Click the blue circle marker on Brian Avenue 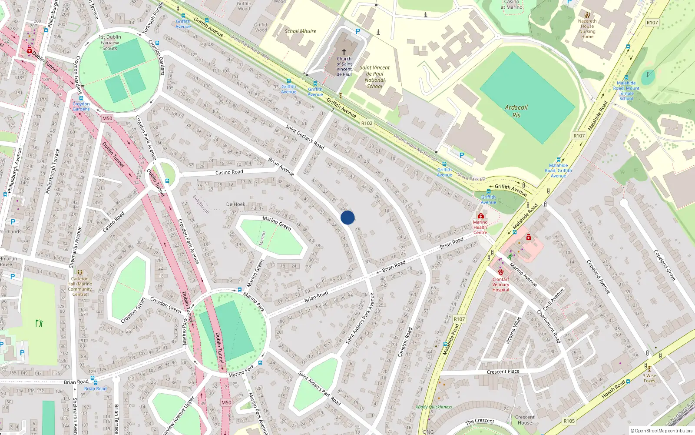(347, 217)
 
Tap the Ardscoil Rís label (516, 111)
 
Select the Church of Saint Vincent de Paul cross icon (344, 52)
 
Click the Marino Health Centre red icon (480, 216)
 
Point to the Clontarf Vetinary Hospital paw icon (500, 272)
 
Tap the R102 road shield (367, 124)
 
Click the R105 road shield (569, 421)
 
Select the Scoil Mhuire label (300, 31)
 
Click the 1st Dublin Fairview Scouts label (110, 43)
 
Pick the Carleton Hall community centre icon (80, 273)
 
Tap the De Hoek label (235, 204)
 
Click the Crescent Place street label (503, 371)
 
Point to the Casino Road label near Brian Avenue (229, 172)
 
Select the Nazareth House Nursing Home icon (587, 15)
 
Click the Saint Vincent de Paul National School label (374, 77)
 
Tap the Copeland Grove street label (665, 264)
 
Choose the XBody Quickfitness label (434, 407)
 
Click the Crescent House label (525, 420)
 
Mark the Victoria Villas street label (513, 331)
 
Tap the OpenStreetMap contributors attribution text (662, 431)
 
